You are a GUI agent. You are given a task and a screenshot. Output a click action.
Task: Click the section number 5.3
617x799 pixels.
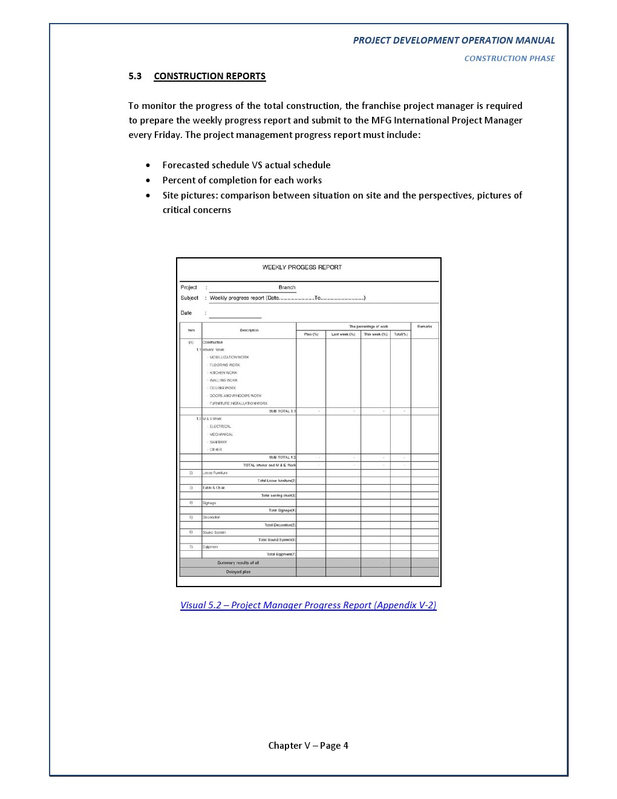coord(135,76)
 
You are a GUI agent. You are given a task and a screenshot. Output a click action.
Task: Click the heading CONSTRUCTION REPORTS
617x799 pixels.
coord(209,76)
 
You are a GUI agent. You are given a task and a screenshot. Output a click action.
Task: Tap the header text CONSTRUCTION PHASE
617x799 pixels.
coord(509,59)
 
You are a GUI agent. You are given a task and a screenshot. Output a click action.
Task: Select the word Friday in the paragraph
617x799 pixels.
coord(166,135)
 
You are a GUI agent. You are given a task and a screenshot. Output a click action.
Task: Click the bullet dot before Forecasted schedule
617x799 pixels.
coord(148,165)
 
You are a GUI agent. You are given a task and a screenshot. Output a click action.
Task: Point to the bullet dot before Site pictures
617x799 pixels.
coord(148,196)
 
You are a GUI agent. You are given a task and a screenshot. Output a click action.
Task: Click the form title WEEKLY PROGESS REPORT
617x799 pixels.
coord(302,268)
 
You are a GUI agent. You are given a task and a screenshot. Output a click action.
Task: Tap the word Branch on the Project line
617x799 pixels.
coord(287,288)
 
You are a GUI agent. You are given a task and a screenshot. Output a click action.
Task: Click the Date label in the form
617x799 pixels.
coord(186,313)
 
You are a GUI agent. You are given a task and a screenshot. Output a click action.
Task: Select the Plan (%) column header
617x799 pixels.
coord(311,334)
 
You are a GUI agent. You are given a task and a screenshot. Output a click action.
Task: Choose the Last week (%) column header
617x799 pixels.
coord(343,334)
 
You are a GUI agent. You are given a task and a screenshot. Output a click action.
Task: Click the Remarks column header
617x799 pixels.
coord(425,326)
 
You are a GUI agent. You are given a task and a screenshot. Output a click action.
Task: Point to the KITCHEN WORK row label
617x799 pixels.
coord(223,373)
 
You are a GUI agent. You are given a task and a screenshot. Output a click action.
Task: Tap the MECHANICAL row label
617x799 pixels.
coord(221,435)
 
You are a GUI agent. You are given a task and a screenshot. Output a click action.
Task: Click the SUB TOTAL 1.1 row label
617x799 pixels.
coord(282,412)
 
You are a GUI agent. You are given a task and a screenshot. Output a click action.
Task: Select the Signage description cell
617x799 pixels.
coord(209,503)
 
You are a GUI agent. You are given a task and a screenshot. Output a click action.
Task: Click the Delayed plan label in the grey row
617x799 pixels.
coord(238,572)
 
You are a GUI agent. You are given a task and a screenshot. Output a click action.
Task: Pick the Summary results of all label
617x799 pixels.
coord(238,563)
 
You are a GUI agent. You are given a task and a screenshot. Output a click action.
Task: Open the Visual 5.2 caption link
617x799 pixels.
coord(308,605)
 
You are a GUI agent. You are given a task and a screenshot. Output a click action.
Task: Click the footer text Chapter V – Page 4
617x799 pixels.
coord(308,746)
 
